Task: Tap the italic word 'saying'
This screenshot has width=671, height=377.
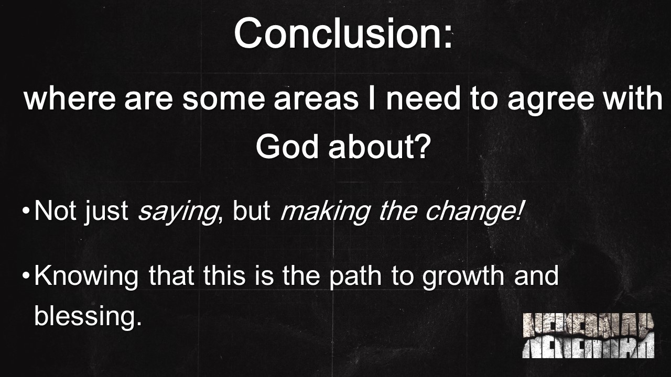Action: [177, 210]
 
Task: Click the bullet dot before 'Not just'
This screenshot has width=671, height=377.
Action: [26, 210]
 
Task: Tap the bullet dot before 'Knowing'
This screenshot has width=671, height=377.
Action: [26, 275]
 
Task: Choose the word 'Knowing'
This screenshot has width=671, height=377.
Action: [86, 275]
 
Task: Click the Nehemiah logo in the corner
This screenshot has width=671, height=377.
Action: [588, 336]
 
